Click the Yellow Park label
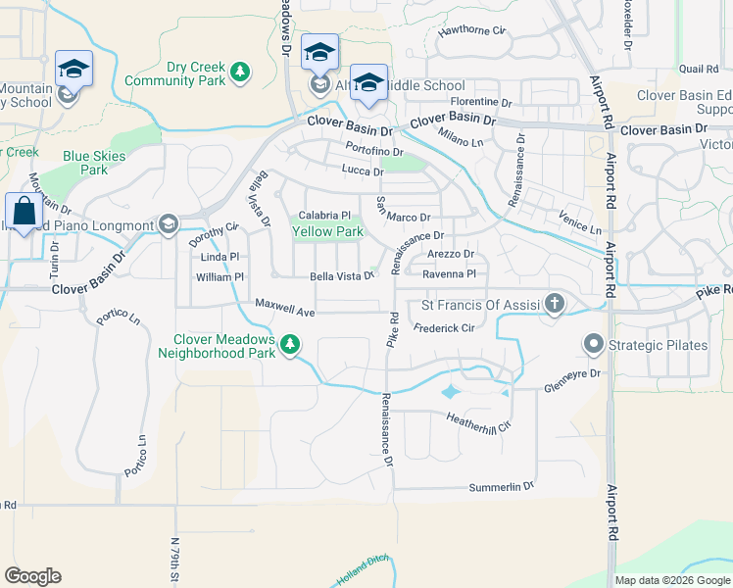pyautogui.click(x=328, y=232)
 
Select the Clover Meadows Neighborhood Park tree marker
pyautogui.click(x=290, y=344)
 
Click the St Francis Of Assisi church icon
pyautogui.click(x=555, y=304)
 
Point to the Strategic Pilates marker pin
pyautogui.click(x=593, y=344)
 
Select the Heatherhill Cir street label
pyautogui.click(x=479, y=421)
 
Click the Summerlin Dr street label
pyautogui.click(x=501, y=486)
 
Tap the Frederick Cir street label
pyautogui.click(x=444, y=328)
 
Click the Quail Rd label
pyautogui.click(x=699, y=70)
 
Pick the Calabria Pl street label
pyautogui.click(x=324, y=216)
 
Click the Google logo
pyautogui.click(x=32, y=576)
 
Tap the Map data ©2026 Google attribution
pyautogui.click(x=672, y=579)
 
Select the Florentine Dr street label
pyautogui.click(x=481, y=102)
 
